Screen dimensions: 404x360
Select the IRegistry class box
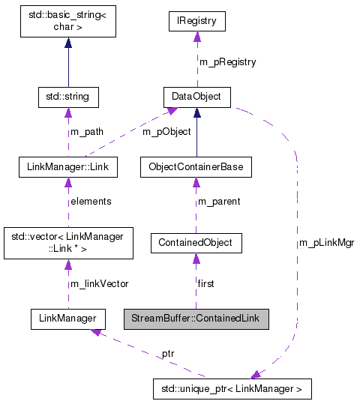[196, 22]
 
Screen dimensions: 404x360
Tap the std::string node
[68, 97]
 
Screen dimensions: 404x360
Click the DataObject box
[196, 97]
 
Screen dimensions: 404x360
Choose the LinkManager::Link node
[68, 166]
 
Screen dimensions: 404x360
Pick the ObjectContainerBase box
[196, 166]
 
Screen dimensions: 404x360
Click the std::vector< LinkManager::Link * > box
[68, 242]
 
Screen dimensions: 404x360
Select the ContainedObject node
[196, 242]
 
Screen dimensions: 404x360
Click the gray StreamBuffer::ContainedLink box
[196, 319]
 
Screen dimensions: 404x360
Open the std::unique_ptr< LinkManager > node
[230, 389]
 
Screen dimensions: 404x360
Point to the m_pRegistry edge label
[227, 61]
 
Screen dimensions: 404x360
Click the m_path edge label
[87, 132]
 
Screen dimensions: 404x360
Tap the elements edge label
[91, 201]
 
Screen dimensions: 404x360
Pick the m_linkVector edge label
[99, 283]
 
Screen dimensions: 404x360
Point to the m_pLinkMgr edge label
[327, 243]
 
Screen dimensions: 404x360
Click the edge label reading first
[207, 283]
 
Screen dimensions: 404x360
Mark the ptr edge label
[168, 353]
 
